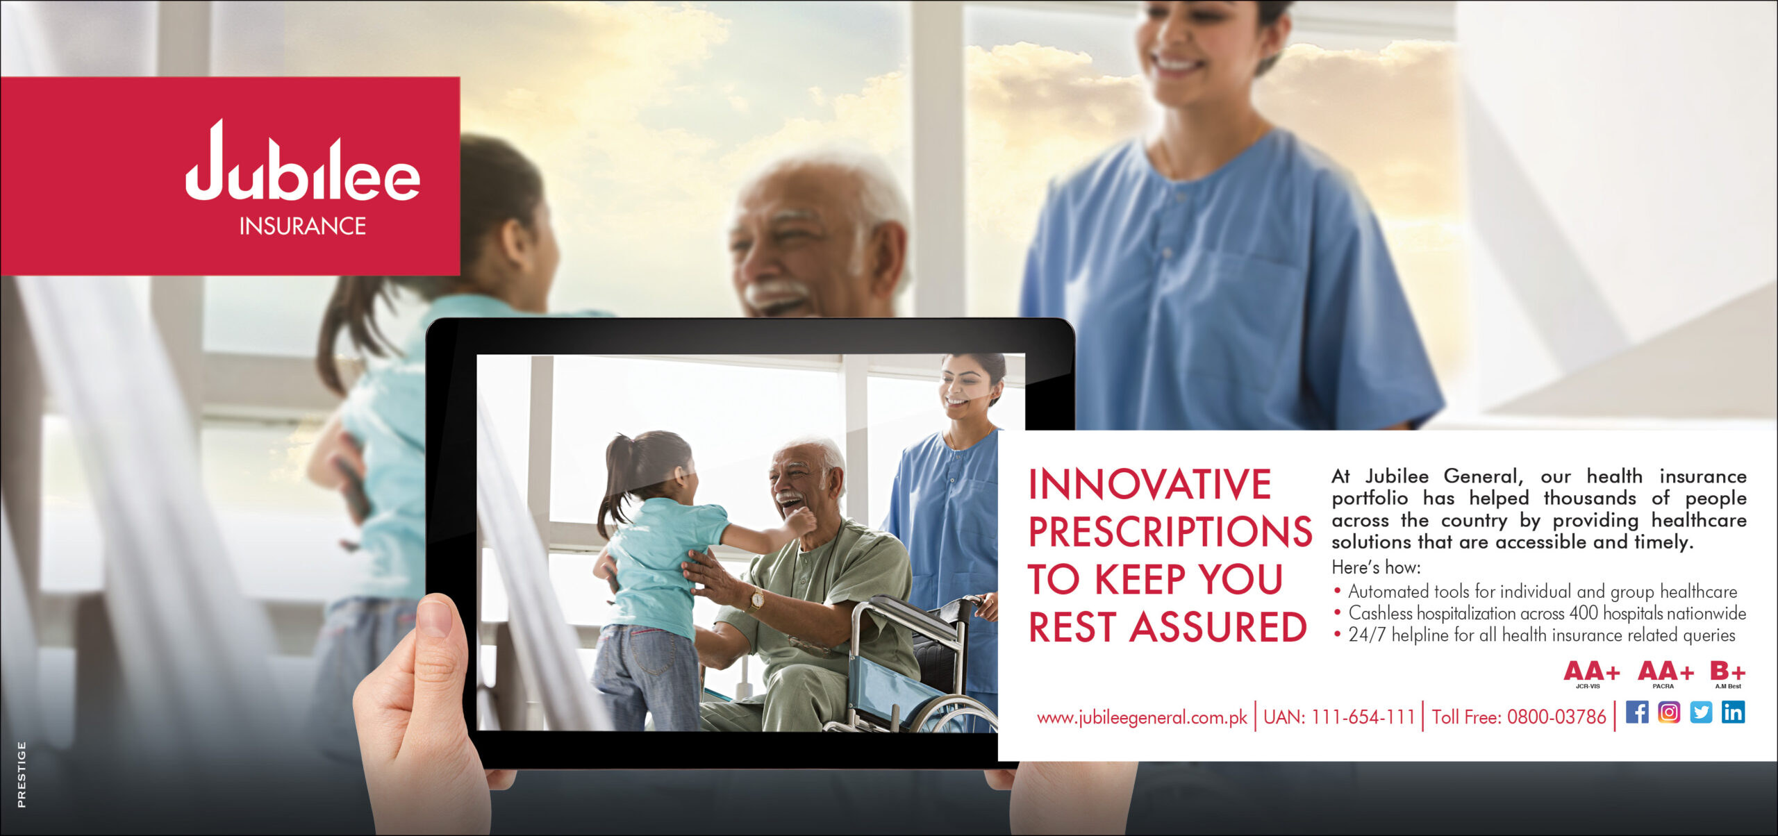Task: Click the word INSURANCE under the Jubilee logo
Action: pos(303,226)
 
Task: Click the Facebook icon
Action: pos(1637,712)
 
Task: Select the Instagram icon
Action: pos(1669,712)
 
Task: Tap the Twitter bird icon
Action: pos(1701,712)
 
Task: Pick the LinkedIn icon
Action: pos(1733,712)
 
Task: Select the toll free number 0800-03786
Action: pos(1556,717)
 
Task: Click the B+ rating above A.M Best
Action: pos(1728,671)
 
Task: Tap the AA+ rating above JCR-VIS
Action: pos(1592,671)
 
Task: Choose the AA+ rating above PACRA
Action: pos(1665,671)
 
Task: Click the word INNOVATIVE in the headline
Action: pos(1149,484)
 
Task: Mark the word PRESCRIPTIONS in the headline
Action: pos(1170,532)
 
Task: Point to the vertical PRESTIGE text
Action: pos(22,774)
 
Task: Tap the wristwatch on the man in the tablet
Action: pos(756,599)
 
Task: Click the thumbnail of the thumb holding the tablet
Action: pos(435,619)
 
